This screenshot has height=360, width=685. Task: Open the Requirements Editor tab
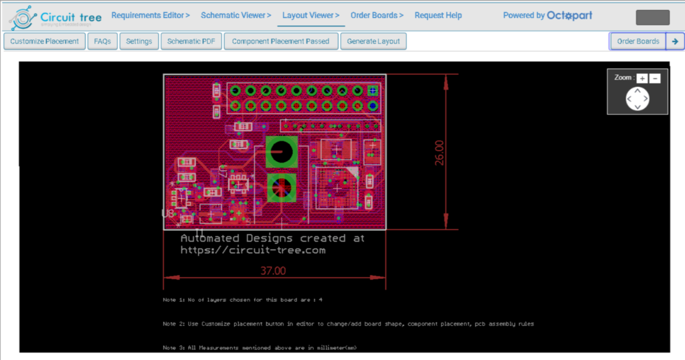pos(151,15)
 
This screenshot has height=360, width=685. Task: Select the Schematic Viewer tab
pos(236,15)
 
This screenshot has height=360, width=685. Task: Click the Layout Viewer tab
pos(310,15)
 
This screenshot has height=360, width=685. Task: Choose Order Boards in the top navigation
pos(377,15)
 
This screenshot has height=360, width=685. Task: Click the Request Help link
pos(438,15)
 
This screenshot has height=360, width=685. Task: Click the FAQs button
pos(102,41)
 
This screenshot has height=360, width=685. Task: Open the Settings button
pos(139,41)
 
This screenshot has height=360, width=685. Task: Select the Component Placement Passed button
pos(280,41)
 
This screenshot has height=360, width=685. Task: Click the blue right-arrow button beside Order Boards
pos(675,41)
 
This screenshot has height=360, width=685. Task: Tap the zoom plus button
pos(642,78)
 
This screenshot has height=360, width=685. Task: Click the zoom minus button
pos(655,78)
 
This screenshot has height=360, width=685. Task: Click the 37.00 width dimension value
pos(273,271)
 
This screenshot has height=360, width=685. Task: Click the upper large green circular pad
pos(281,153)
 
